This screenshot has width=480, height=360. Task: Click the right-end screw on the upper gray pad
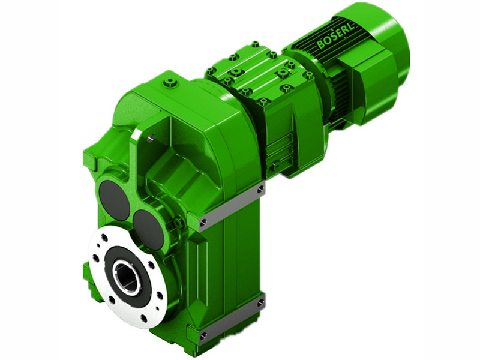[260, 190]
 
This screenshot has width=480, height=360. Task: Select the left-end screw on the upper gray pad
[203, 223]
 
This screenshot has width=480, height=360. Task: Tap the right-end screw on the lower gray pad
[260, 304]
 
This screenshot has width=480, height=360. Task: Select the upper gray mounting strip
[232, 206]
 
